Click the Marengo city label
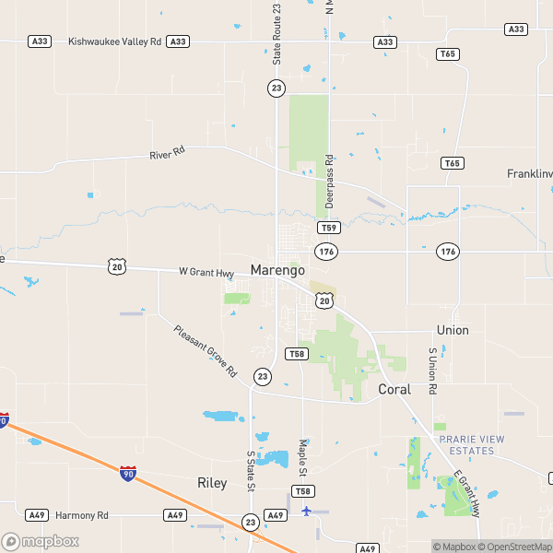pos(277,271)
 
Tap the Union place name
pos(453,330)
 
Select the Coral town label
pos(394,390)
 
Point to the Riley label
pos(212,483)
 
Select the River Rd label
pos(167,153)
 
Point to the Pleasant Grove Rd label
pos(206,352)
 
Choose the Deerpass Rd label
pos(329,181)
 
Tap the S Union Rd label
pos(431,371)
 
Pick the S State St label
pos(250,471)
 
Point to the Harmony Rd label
pos(82,515)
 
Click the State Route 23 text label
pos(276,34)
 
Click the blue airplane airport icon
pos(307,510)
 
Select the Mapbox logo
pos(41,541)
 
